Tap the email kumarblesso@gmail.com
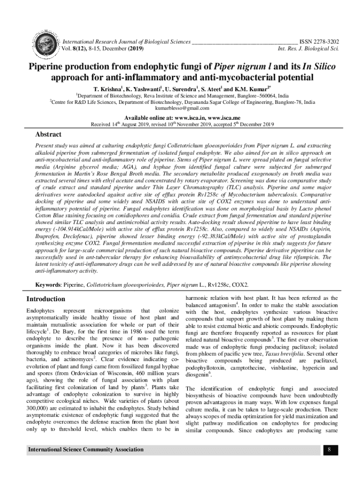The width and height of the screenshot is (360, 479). [x=180, y=109]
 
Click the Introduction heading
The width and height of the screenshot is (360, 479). [x=45, y=299]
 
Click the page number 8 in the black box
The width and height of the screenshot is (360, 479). [x=329, y=450]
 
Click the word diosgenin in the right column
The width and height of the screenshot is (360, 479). [x=198, y=375]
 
